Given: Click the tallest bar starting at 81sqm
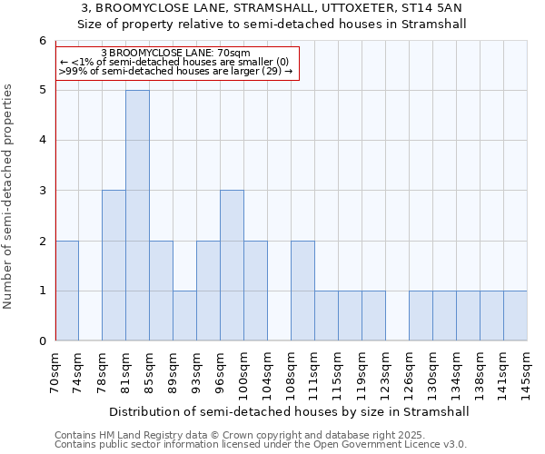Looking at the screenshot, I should point(137,215).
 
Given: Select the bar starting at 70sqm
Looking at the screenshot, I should point(66,291).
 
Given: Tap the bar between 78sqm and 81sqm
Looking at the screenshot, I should point(114,265).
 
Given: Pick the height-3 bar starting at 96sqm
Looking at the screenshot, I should point(232,265).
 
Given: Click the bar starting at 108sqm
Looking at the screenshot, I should point(302,291).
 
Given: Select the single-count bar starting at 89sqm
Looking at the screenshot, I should point(184,315).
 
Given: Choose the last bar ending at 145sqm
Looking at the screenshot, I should point(515,315).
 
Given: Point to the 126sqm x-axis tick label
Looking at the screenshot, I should point(409,372).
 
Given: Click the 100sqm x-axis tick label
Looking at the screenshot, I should point(243,372).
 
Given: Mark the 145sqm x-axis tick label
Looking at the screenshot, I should point(527,372).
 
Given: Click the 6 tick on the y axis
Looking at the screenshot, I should point(42,41).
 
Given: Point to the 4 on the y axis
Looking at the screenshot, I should point(42,141).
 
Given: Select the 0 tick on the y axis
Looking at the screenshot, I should point(42,341).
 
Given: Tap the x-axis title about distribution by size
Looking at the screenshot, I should point(291,411).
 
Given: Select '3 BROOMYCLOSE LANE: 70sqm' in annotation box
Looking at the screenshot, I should point(175,54).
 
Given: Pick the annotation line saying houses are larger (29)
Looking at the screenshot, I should point(175,71).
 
